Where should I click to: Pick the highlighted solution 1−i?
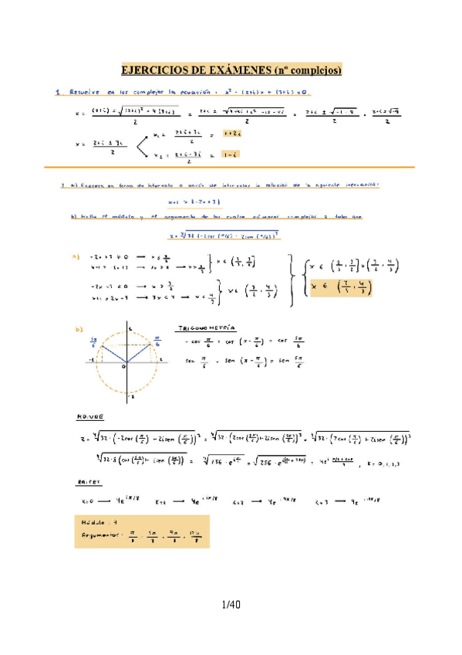[228, 154]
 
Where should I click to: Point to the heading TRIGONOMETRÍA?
[206, 327]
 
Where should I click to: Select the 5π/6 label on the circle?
[93, 341]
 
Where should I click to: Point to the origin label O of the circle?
[123, 368]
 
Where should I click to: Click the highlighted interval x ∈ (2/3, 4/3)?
[340, 288]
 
